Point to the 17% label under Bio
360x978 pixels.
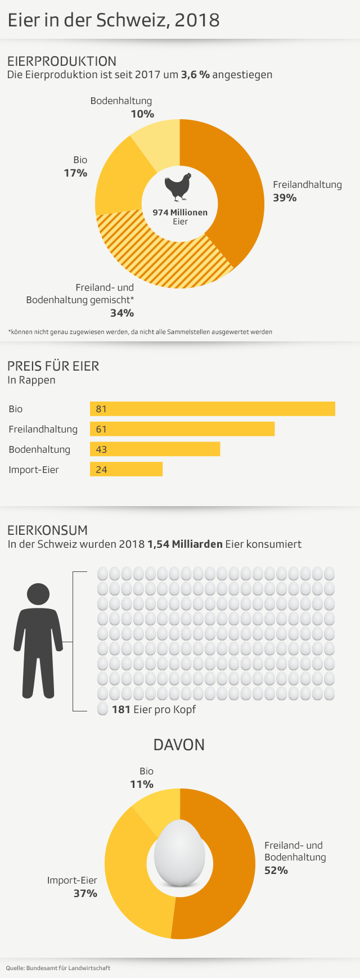coord(75,173)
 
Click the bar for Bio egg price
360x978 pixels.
coord(213,409)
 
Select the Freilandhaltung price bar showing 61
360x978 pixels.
coord(182,429)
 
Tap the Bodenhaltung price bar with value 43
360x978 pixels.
coord(155,449)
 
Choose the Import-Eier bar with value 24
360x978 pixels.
coord(126,469)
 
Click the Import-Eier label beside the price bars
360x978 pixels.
coord(34,470)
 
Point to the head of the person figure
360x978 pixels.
coord(38,594)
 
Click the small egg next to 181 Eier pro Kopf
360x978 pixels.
coord(103,709)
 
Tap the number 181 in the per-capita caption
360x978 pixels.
coord(121,710)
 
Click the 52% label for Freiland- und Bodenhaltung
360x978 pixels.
coord(276,871)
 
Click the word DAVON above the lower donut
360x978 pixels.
coord(179,745)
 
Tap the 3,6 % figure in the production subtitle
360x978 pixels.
coord(195,75)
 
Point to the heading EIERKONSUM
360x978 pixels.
coord(48,530)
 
